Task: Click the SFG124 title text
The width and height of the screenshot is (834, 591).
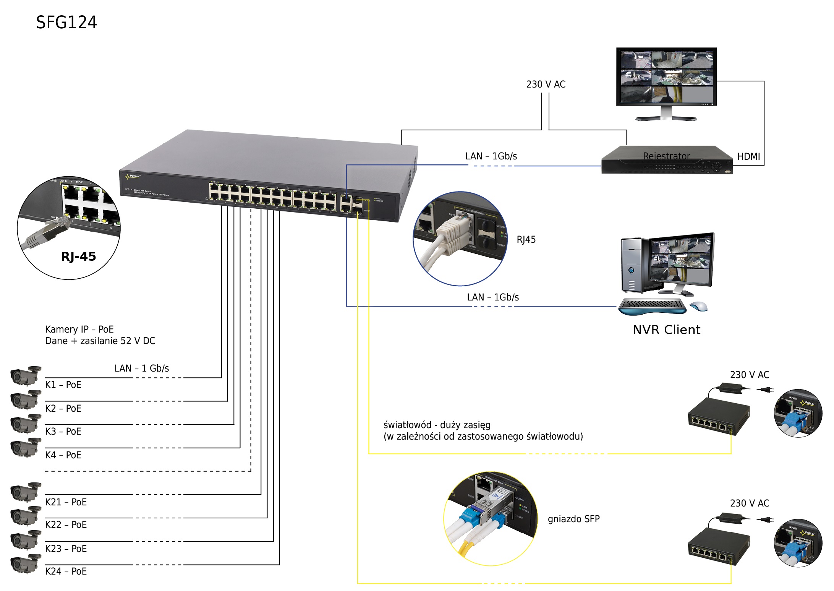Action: [66, 22]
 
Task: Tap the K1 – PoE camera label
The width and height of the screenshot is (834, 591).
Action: [63, 385]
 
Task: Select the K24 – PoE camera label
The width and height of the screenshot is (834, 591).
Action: [66, 571]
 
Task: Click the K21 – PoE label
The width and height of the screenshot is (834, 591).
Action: [66, 502]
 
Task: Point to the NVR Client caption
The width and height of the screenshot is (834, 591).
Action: [666, 330]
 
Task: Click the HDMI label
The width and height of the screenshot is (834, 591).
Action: [748, 156]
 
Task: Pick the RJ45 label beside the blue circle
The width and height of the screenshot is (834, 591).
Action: [526, 240]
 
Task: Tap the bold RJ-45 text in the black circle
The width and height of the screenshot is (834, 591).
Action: [78, 256]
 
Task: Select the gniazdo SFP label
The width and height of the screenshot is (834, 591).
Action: [573, 519]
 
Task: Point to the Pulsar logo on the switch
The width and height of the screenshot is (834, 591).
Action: [133, 177]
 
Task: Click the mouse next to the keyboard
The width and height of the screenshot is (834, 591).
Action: [699, 306]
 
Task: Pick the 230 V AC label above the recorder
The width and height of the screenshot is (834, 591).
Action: [546, 84]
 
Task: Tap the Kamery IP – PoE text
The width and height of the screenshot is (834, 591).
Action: [79, 329]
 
